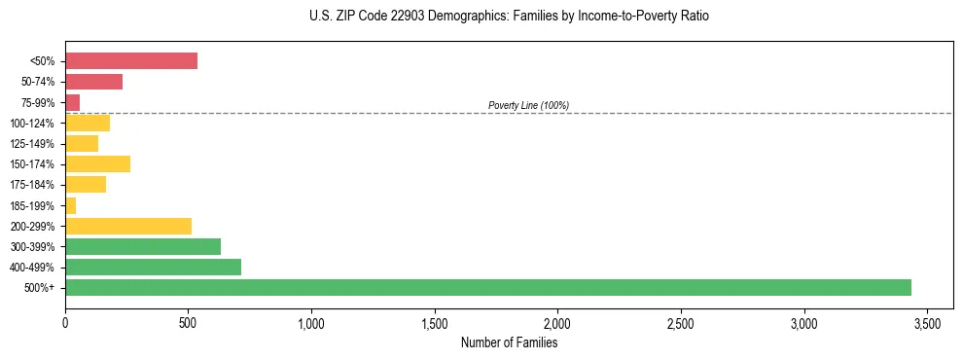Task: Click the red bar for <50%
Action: coord(131,61)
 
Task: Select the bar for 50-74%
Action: coord(94,82)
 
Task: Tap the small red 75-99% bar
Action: coord(73,102)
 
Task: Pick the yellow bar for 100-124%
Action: coord(88,123)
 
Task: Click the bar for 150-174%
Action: coord(97,163)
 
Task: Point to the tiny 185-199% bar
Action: coord(71,205)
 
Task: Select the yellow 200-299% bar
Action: coord(128,226)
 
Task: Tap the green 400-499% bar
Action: coord(153,267)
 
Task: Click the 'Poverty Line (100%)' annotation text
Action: coord(528,105)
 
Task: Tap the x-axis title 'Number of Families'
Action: coord(509,342)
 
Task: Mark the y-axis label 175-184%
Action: coord(31,185)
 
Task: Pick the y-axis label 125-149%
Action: coord(31,144)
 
